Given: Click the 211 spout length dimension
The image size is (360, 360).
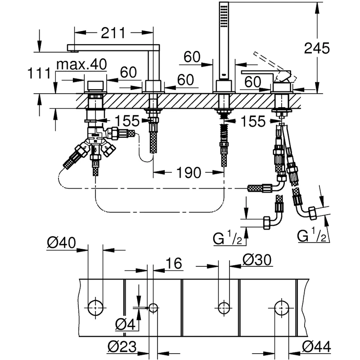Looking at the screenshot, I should coord(113,32).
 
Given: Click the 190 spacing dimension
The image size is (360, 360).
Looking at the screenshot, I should coord(189,173).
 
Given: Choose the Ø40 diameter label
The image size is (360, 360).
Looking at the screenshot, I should coord(62,243).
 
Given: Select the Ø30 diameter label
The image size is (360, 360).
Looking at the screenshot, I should coord(257,259).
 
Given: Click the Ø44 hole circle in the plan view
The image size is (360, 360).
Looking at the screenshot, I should coord(282,308).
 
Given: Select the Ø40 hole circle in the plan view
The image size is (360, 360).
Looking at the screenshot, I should coord(95,308).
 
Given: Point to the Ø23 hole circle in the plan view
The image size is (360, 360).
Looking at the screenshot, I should coord(153,308).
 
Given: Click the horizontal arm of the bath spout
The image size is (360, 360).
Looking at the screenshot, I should coord(112,47).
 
